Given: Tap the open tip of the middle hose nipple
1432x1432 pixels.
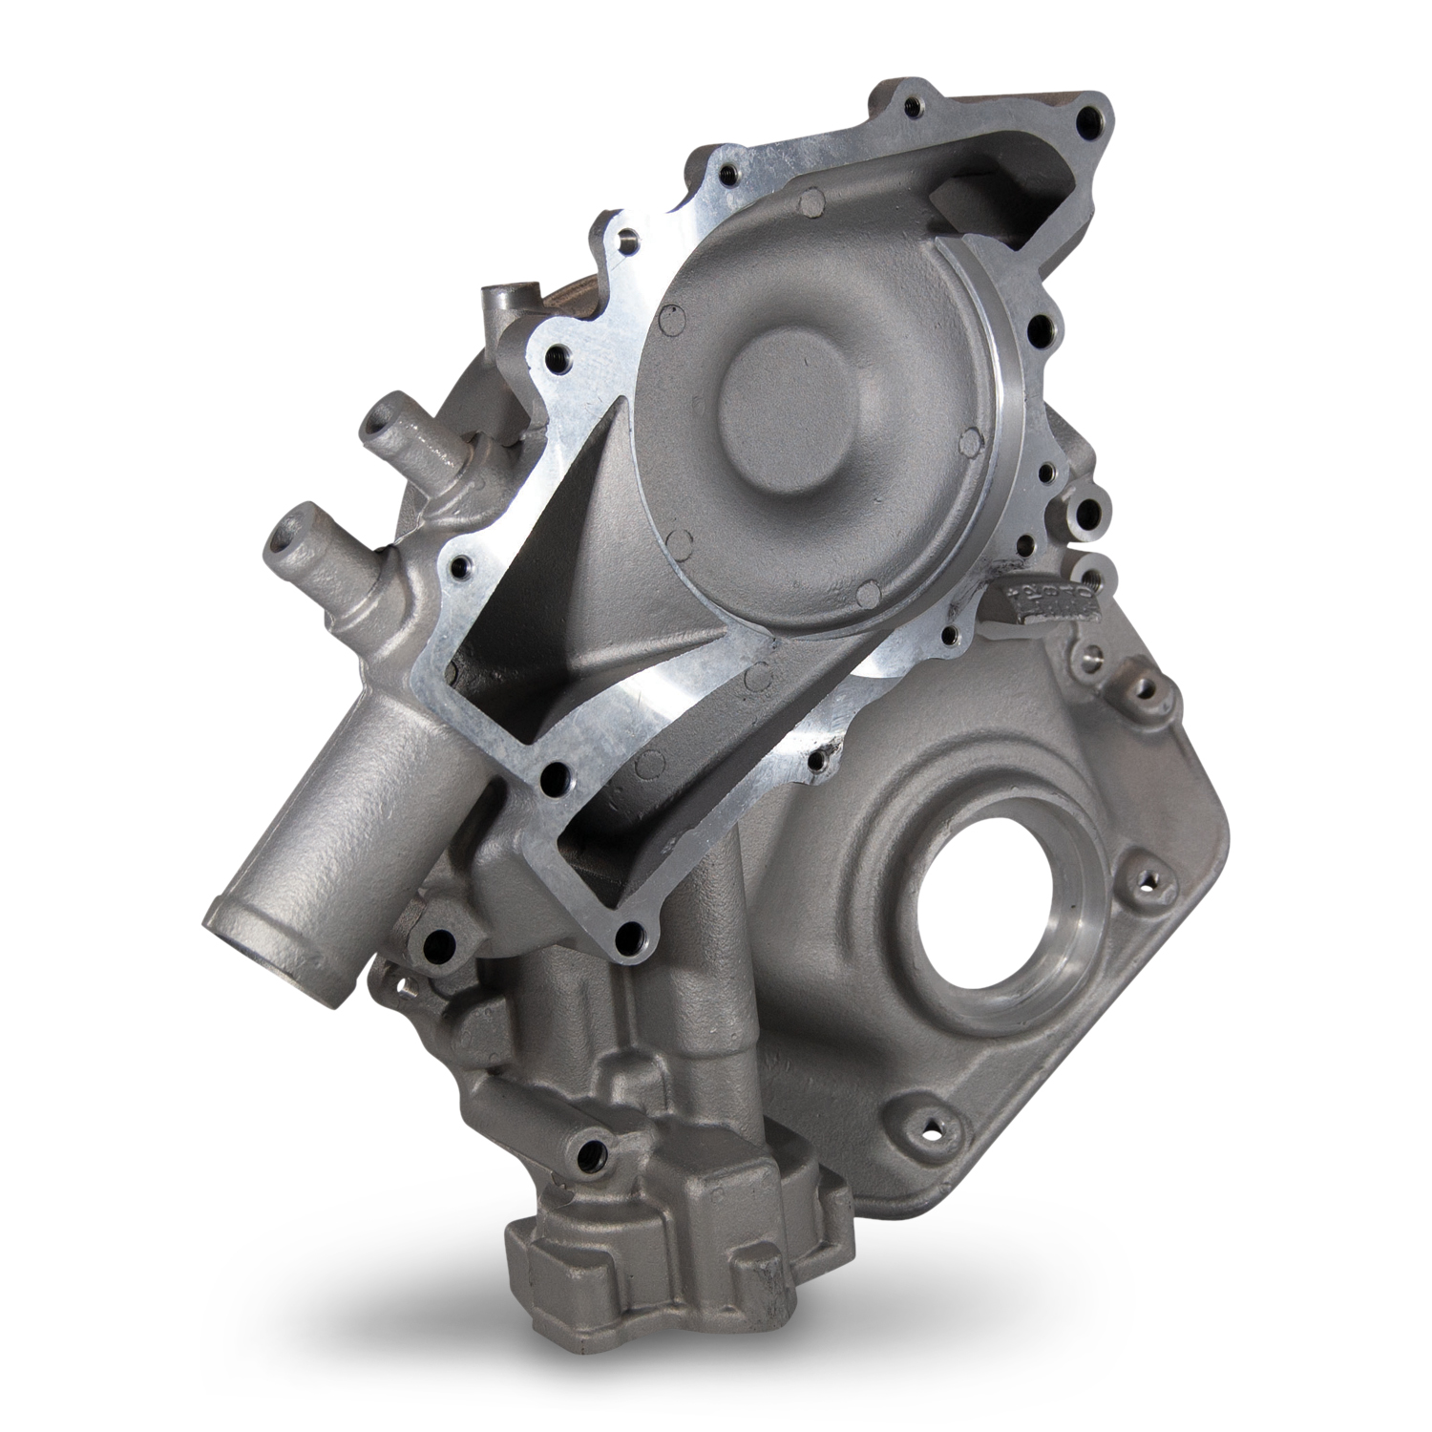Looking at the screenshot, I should coord(286,537).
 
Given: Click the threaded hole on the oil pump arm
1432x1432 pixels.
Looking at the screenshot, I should coord(589,1152).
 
